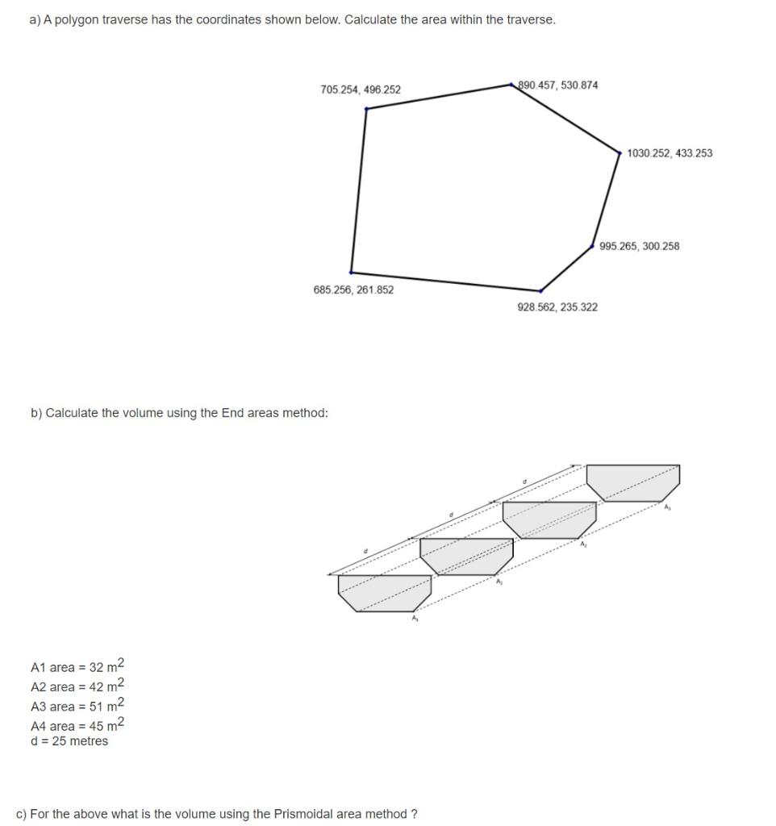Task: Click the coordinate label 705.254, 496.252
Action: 360,90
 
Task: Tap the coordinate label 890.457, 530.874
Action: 558,85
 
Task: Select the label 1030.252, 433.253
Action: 669,153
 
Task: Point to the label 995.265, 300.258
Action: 640,246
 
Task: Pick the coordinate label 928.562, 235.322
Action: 557,307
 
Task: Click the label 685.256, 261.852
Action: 353,290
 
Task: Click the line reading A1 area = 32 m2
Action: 77,667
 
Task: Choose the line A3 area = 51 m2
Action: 77,706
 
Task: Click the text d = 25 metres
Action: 69,741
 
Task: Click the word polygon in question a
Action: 78,19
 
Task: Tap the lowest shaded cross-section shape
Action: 385,592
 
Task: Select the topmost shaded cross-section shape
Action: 632,482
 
